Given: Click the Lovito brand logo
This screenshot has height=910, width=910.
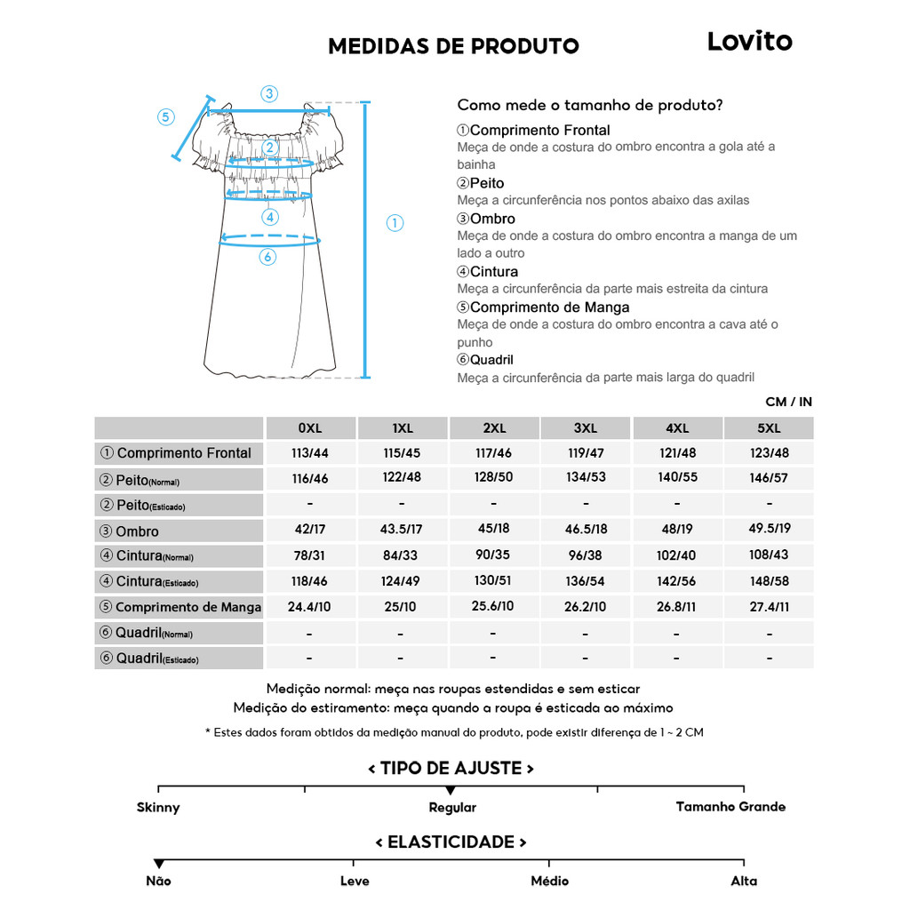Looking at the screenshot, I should click(x=749, y=42).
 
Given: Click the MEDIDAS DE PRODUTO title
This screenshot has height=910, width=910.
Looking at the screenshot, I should click(x=453, y=46).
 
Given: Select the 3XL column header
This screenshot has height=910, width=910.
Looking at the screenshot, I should click(x=586, y=428).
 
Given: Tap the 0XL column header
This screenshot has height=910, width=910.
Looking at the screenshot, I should click(x=309, y=428).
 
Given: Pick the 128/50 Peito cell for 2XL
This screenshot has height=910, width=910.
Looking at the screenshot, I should click(x=493, y=477).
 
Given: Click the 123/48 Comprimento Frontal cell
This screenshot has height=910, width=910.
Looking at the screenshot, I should click(x=769, y=452).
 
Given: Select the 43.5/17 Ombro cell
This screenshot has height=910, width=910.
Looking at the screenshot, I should click(x=401, y=529).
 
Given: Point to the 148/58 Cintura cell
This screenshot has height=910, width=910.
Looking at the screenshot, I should click(x=769, y=580).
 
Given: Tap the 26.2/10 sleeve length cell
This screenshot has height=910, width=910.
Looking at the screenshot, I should click(x=586, y=606).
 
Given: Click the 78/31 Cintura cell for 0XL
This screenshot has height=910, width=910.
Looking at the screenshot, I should click(x=309, y=555).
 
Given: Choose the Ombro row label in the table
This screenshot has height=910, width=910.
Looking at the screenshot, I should click(x=138, y=531).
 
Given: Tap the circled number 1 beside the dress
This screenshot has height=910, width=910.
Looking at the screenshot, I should click(x=395, y=223).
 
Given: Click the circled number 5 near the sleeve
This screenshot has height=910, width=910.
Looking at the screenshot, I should click(x=166, y=117).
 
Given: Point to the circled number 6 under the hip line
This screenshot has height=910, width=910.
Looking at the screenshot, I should click(x=267, y=257).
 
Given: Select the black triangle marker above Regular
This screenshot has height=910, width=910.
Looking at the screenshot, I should click(x=451, y=790).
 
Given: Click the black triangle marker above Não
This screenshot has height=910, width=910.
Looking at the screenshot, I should click(x=158, y=864).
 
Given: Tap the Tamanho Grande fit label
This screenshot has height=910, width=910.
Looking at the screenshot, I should click(x=730, y=807).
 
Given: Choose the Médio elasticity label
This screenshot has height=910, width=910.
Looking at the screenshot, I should click(x=549, y=881).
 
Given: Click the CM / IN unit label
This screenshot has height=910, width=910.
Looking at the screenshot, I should click(x=788, y=402).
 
